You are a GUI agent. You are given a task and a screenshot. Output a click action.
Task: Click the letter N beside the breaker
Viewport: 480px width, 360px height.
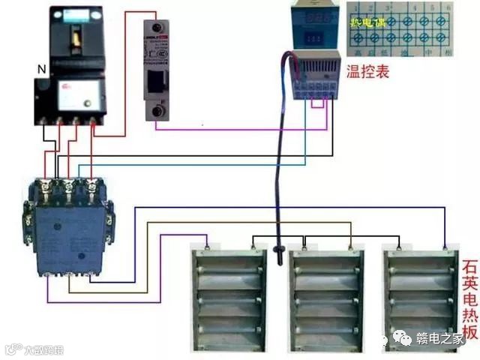point(41,70)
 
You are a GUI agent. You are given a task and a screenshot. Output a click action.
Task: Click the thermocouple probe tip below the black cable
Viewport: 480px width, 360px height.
point(280,250)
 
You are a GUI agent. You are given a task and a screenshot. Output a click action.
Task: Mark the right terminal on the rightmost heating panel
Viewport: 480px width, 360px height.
point(445,245)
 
